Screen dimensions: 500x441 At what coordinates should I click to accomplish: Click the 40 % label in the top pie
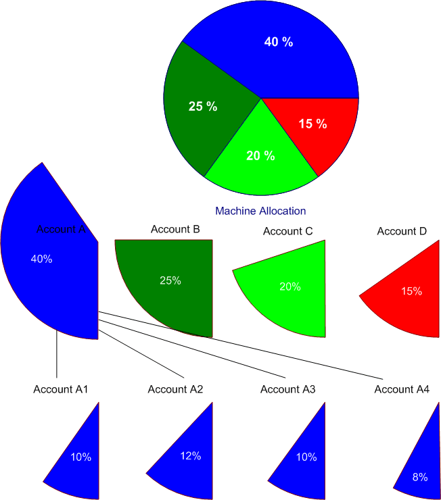tap(279, 42)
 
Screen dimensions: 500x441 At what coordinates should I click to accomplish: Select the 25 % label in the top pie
tap(203, 106)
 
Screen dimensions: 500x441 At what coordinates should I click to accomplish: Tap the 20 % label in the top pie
tap(260, 155)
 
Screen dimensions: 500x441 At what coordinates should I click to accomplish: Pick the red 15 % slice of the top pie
tap(318, 132)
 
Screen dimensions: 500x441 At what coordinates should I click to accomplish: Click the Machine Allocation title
tap(260, 211)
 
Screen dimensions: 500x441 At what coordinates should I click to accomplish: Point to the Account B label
tap(175, 230)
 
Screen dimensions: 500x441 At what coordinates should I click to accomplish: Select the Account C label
tap(287, 231)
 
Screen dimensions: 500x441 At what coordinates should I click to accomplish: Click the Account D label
tap(402, 231)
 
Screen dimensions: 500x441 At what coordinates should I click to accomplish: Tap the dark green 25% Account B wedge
tap(183, 297)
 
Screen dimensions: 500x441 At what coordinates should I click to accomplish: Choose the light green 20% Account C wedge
tap(298, 304)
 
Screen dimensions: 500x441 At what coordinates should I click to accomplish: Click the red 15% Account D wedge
tap(413, 311)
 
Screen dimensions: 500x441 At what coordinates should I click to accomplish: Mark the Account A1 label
tap(61, 389)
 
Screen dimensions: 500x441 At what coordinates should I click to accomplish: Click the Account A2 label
tap(175, 389)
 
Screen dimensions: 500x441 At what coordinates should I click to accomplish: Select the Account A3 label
tap(288, 389)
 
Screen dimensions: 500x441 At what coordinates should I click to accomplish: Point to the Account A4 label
tap(402, 389)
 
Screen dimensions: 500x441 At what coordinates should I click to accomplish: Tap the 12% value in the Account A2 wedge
tap(191, 456)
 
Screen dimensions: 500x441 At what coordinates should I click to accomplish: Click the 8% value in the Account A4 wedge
tap(420, 477)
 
